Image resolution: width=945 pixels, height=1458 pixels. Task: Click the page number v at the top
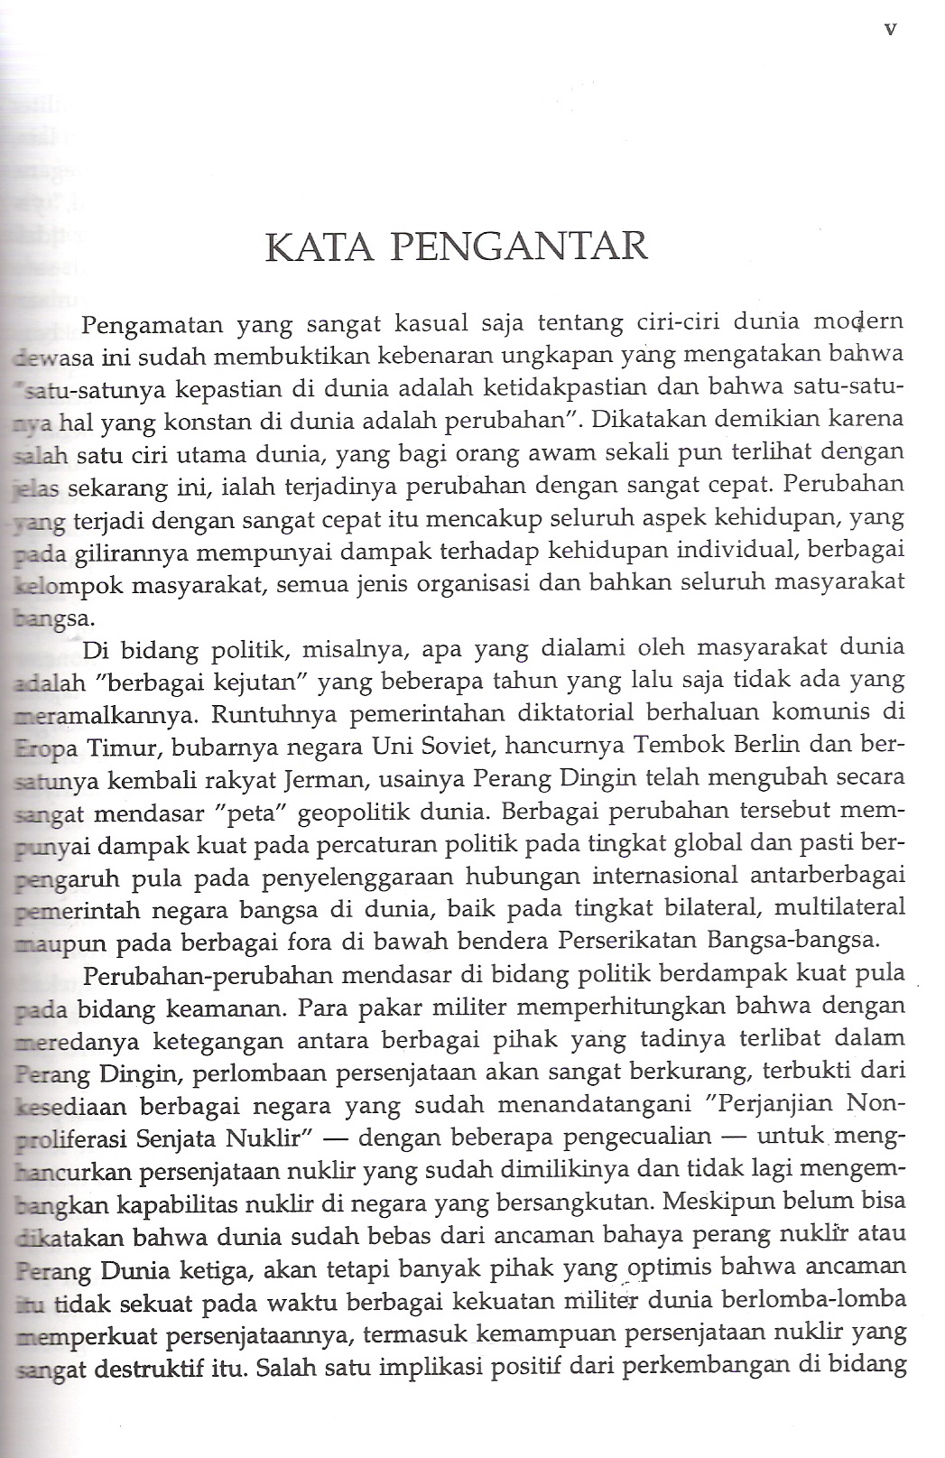(890, 29)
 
